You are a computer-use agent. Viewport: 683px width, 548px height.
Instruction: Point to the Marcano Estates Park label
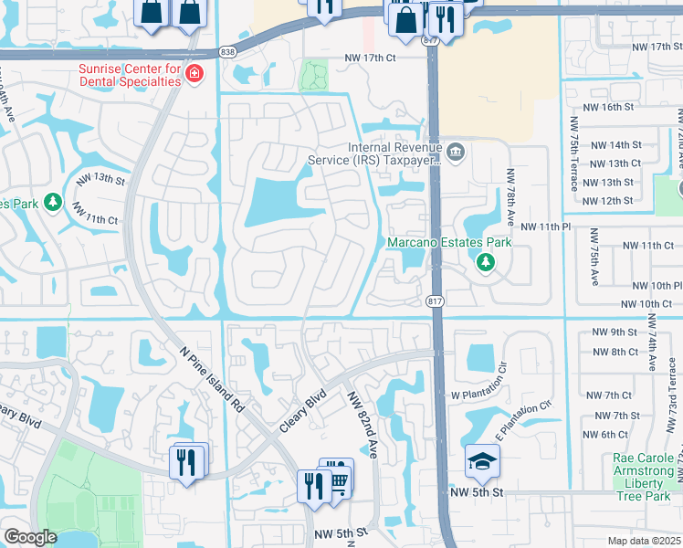(448, 243)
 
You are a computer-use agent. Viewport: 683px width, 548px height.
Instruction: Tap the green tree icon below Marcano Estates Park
(485, 263)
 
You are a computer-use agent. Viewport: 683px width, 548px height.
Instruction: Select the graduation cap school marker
(482, 462)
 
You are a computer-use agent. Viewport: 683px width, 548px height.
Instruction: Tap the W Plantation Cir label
(478, 383)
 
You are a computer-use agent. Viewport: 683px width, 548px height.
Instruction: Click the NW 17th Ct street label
(370, 58)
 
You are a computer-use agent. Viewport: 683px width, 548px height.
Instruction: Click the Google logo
(30, 537)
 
